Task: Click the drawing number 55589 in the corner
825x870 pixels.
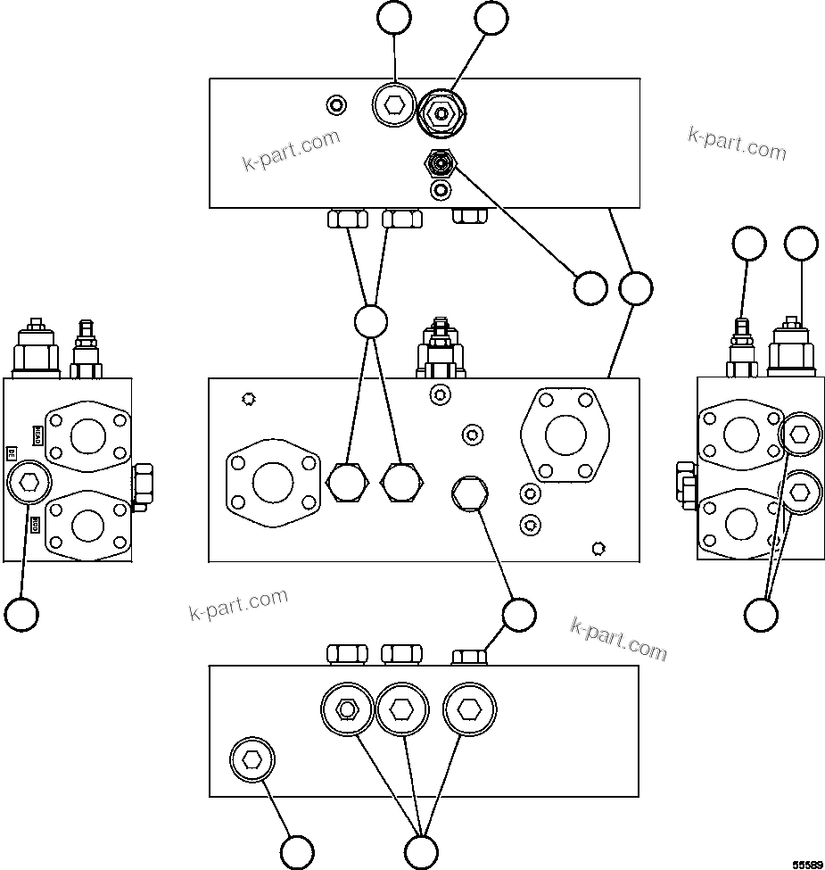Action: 808,864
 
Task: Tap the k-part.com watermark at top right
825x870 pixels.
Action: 737,143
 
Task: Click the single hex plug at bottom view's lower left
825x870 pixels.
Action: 252,760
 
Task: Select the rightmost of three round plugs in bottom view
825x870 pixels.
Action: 470,709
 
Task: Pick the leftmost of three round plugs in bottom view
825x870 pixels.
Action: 346,709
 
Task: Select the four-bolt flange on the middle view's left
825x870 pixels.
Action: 273,483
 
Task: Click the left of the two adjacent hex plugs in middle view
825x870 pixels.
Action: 347,483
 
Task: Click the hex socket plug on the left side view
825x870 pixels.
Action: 29,484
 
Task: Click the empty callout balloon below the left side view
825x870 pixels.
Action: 21,614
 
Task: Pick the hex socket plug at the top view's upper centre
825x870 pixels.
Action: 393,106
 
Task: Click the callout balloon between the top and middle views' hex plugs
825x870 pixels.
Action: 370,321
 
